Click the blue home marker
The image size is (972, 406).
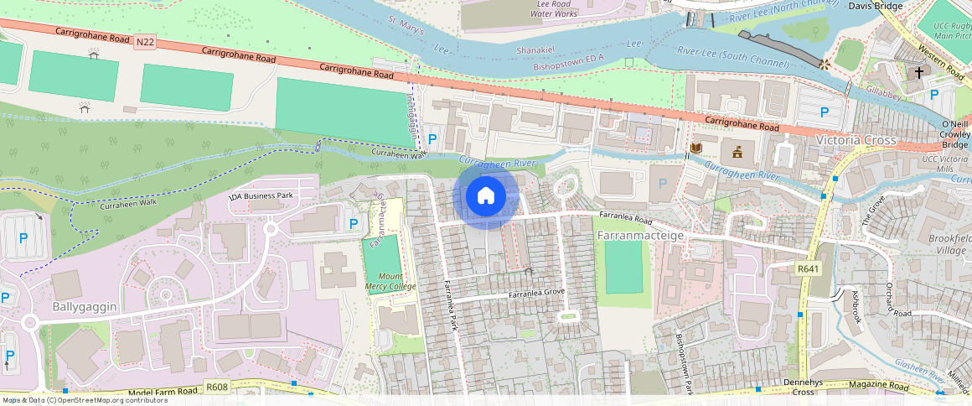485,197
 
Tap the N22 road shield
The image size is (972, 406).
144,41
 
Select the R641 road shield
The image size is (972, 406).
808,268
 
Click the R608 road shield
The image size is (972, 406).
216,388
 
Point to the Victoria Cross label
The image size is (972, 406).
856,140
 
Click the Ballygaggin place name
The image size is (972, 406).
84,307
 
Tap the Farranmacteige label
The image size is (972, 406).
642,236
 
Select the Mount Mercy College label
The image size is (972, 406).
390,281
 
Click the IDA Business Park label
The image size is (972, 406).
261,195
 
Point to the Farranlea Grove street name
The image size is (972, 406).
536,294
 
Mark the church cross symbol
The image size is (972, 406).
918,73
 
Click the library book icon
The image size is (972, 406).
695,148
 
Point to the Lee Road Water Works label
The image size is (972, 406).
555,8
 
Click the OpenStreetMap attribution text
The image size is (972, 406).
84,400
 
